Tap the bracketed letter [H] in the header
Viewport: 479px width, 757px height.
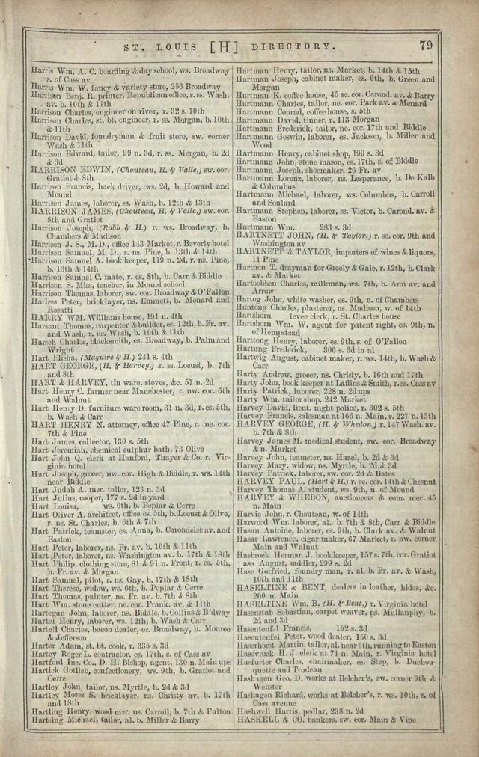[224, 47]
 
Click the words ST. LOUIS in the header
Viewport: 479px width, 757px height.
[153, 47]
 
